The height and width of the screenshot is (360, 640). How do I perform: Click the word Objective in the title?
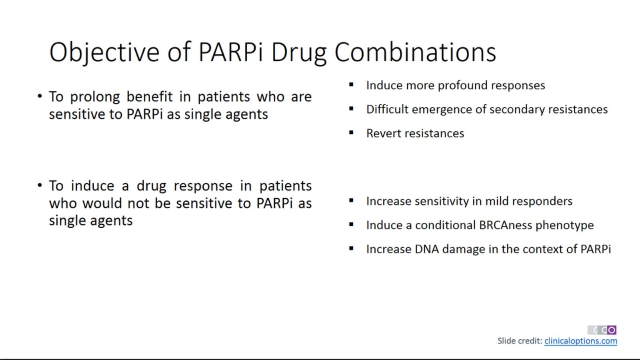(104, 52)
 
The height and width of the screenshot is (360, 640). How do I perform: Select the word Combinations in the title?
(415, 52)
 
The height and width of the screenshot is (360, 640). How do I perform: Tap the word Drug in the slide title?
(299, 53)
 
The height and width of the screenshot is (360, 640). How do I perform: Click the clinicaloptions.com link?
(581, 341)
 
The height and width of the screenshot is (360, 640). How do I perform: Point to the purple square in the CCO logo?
(611, 330)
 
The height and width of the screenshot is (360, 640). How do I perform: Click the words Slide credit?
(520, 341)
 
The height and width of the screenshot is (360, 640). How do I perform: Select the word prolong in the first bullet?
(95, 97)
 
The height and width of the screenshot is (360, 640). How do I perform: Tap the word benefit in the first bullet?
(149, 97)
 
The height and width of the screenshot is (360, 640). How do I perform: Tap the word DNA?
(427, 249)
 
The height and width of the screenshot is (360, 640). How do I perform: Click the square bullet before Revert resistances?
(351, 133)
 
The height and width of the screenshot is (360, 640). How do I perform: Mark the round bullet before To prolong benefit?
(40, 96)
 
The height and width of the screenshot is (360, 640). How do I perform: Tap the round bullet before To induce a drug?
(40, 185)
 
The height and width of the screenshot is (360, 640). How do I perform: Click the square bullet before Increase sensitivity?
(351, 201)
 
